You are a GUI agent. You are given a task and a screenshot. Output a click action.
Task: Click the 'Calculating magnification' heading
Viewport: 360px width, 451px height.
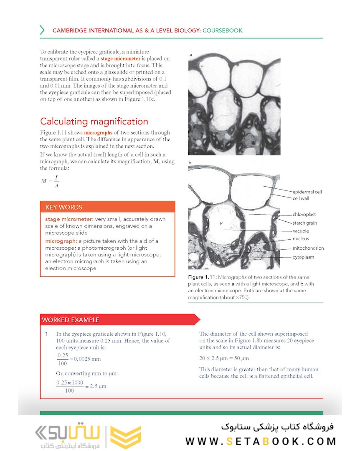pos(94,122)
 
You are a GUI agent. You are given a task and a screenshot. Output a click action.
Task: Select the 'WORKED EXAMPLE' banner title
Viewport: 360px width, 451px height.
pos(70,320)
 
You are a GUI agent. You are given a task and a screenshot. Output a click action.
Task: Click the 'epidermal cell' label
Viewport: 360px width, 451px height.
pos(307,192)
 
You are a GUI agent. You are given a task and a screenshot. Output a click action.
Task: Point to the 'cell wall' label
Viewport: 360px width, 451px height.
pos(301,198)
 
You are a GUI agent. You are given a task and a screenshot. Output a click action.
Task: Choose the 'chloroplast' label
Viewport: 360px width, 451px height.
pos(304,215)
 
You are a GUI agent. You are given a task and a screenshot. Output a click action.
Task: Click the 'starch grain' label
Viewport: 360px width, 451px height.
pos(304,223)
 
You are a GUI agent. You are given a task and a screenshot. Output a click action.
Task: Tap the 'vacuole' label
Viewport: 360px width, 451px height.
pos(301,231)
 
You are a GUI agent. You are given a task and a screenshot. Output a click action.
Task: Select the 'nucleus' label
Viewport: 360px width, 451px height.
pos(301,239)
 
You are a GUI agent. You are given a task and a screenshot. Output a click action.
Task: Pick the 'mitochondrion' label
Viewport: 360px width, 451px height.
pos(308,248)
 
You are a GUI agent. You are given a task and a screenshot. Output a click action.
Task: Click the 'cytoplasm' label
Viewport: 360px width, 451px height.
pos(303,257)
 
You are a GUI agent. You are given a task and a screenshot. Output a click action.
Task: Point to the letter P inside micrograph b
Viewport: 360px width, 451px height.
pos(221,223)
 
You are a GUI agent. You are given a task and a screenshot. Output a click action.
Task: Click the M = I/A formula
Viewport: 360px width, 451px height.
pos(50,181)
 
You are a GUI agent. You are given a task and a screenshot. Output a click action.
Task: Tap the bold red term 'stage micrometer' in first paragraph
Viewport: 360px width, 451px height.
pos(120,59)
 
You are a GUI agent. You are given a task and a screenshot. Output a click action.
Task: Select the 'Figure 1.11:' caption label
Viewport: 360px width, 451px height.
pos(202,277)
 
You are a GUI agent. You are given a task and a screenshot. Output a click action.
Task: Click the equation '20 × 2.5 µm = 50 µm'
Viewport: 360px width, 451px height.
pos(224,358)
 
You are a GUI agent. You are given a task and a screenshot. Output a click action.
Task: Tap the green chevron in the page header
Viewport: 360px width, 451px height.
pos(42,30)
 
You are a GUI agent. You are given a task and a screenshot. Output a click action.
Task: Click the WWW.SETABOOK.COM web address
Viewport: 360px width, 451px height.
pos(261,441)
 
